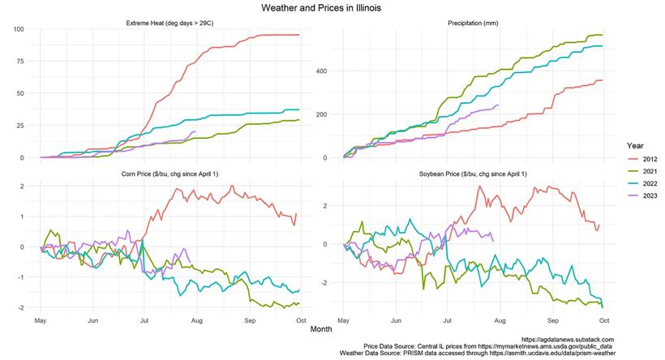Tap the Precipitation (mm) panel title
[474, 23]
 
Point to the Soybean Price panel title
[474, 175]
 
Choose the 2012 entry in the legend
[646, 160]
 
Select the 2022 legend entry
[646, 184]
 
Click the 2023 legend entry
[646, 196]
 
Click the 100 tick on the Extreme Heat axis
[19, 30]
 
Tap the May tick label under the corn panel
[40, 320]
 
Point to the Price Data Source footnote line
[488, 346]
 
